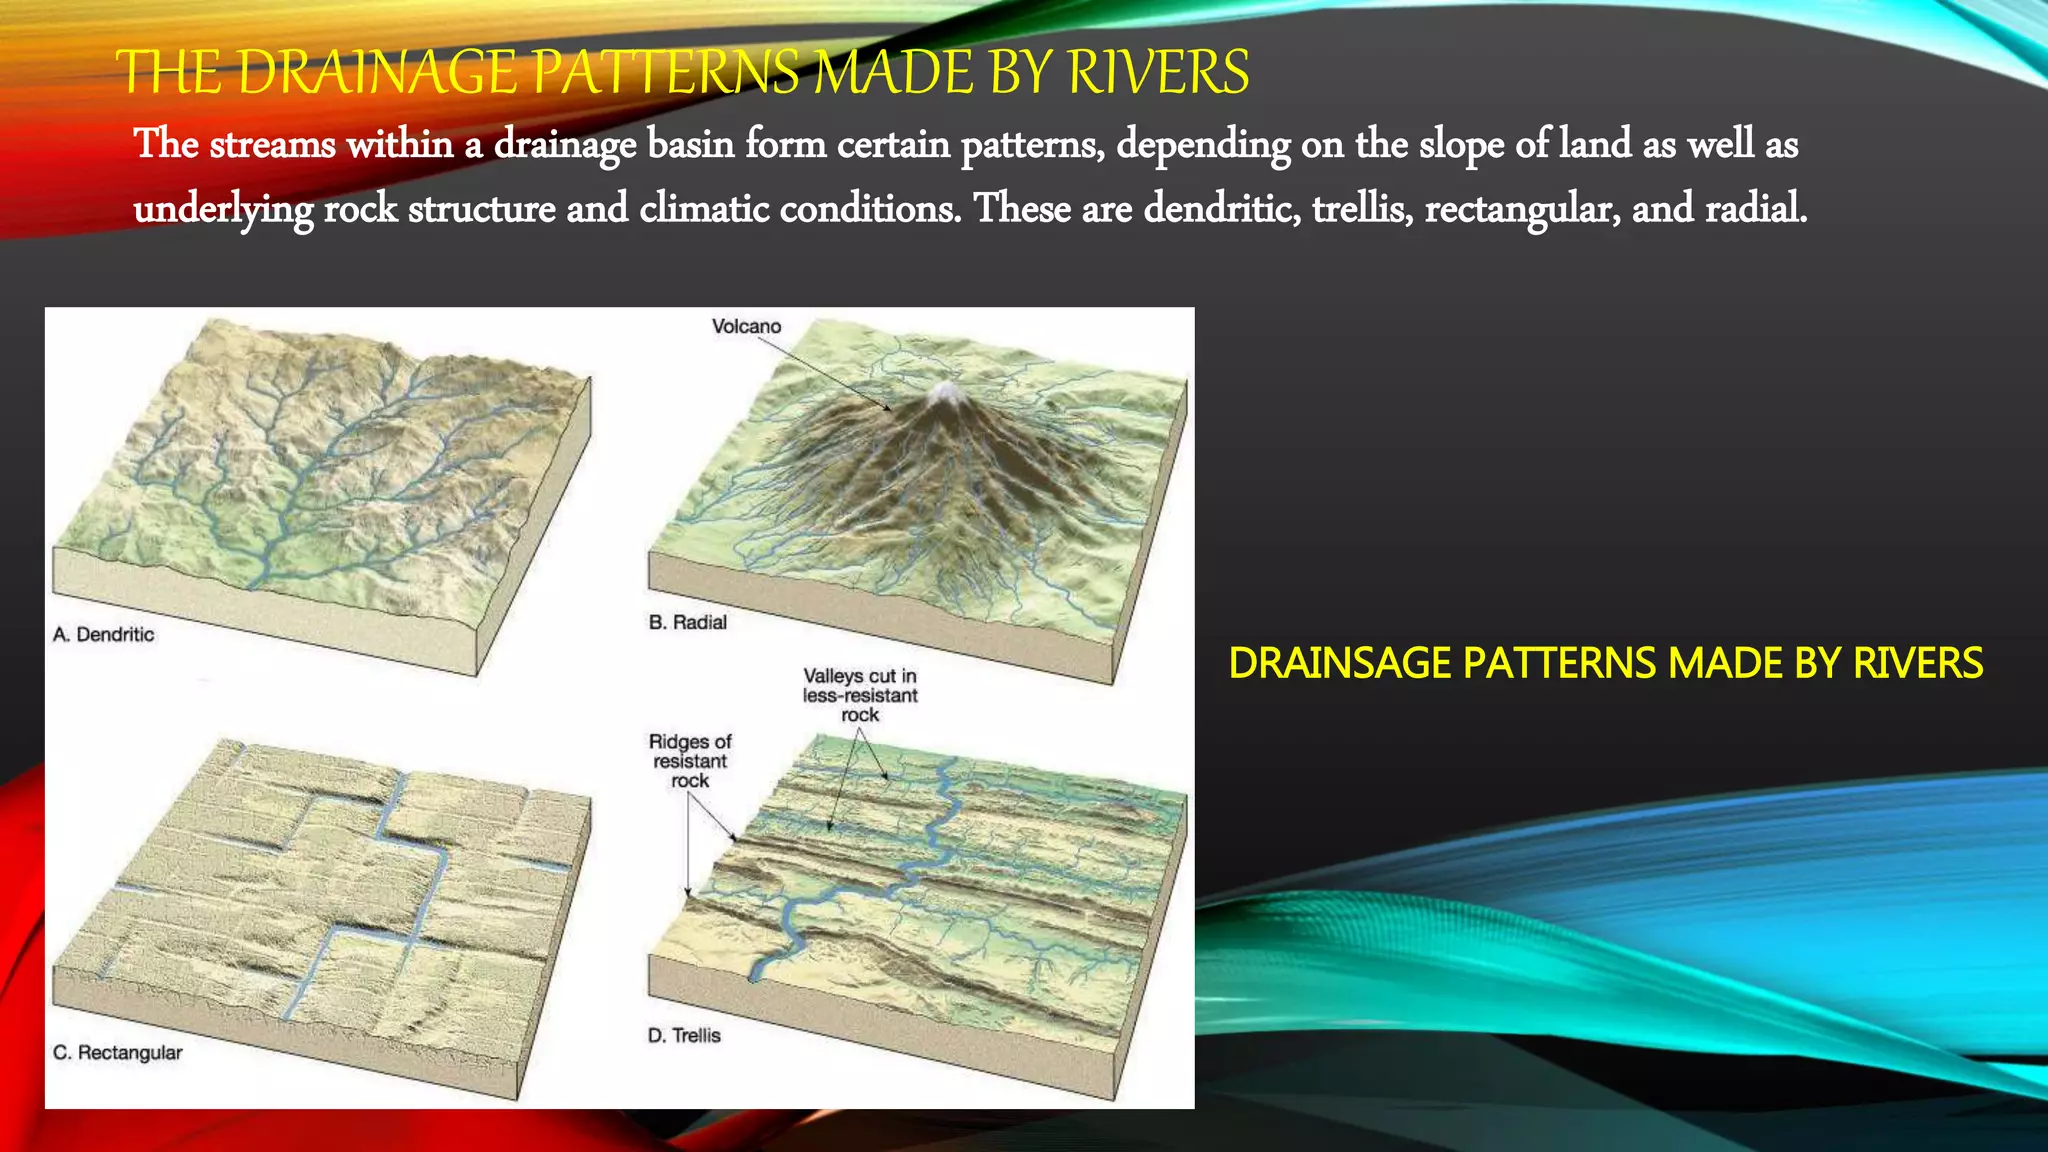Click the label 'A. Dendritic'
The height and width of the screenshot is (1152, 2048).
click(104, 635)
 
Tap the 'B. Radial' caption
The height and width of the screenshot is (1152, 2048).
click(688, 622)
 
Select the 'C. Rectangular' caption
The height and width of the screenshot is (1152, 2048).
click(118, 1053)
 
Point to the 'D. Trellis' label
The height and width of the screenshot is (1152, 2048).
click(684, 1036)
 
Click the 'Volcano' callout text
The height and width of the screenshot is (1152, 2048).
click(746, 327)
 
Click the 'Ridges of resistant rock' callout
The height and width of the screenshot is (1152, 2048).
click(690, 761)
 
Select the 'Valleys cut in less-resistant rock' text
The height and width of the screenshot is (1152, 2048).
click(860, 695)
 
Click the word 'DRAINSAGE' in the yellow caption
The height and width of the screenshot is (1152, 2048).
click(1339, 664)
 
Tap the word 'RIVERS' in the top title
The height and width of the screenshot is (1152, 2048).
click(1158, 73)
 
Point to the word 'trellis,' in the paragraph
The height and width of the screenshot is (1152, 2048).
click(1363, 209)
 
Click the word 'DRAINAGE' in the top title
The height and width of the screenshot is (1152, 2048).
click(379, 73)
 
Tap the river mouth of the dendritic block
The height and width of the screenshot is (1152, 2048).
click(256, 579)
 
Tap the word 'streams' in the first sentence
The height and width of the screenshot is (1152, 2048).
click(272, 145)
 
